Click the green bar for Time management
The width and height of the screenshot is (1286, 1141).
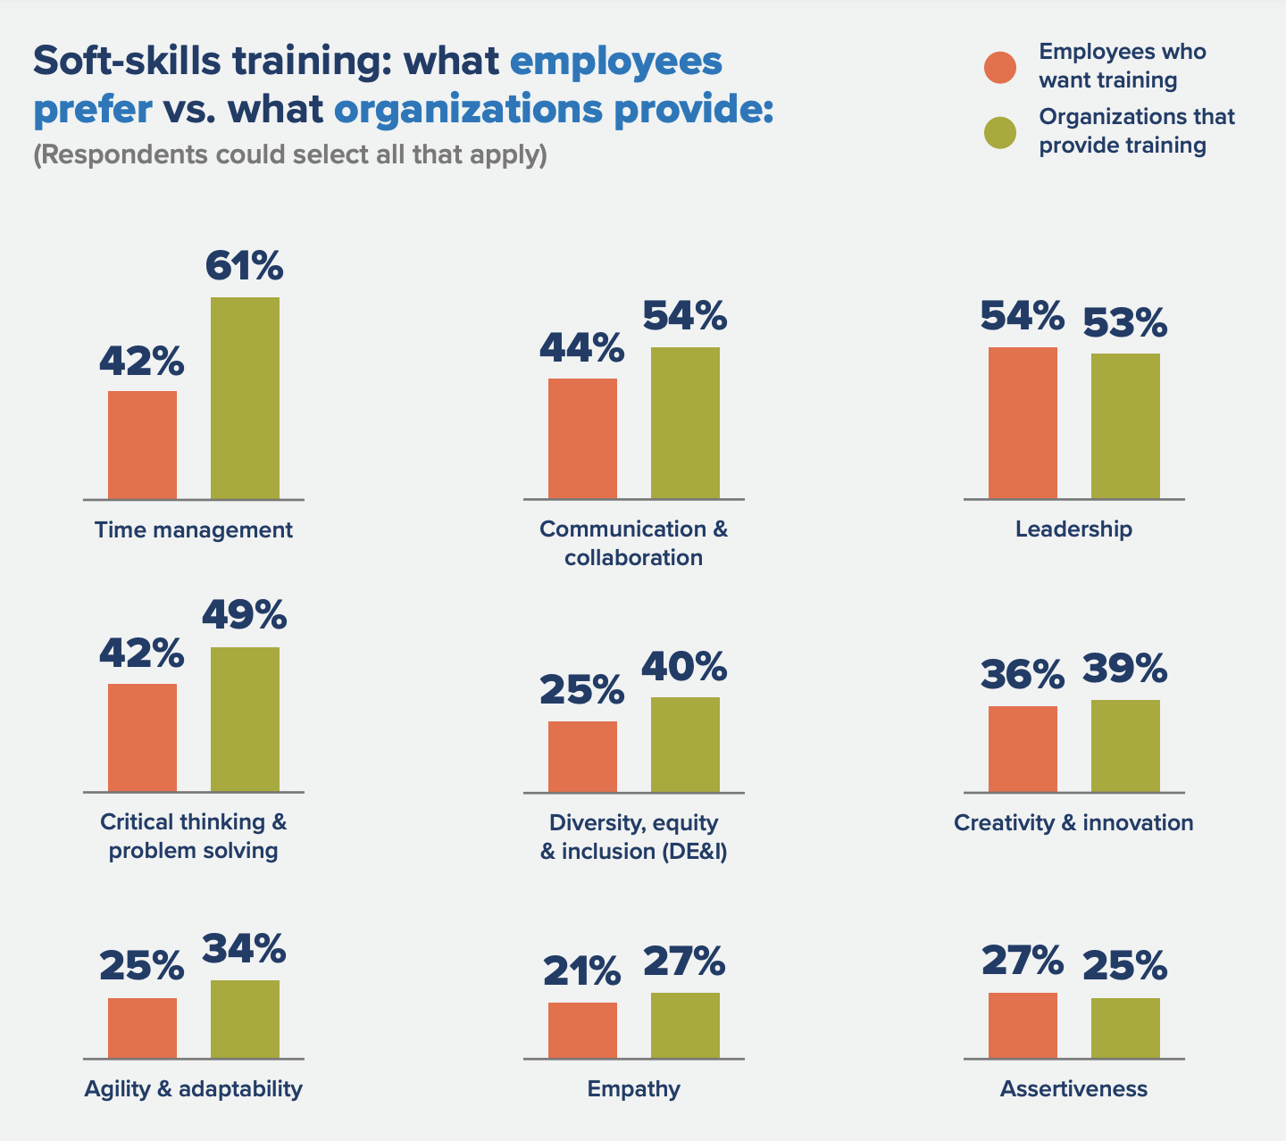(x=245, y=398)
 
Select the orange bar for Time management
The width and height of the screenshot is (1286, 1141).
(x=142, y=445)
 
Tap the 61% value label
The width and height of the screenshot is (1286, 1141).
(x=245, y=266)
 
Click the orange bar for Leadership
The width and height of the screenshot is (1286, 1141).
(x=1023, y=422)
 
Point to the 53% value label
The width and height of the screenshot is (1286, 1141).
(x=1125, y=322)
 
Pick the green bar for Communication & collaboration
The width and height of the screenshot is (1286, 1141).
(x=685, y=422)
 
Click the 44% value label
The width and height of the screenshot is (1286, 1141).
(x=582, y=347)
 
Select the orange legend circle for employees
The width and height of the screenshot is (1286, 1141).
(x=1000, y=67)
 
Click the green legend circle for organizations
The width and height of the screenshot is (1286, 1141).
(x=1000, y=132)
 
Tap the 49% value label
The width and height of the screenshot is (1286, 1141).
(x=245, y=614)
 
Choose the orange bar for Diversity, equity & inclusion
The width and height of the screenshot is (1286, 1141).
(x=582, y=756)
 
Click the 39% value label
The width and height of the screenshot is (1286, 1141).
(x=1125, y=668)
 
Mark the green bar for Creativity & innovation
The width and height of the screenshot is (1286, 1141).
(x=1125, y=745)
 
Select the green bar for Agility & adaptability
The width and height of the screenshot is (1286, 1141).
(x=245, y=1019)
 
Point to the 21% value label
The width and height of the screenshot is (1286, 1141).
(x=582, y=970)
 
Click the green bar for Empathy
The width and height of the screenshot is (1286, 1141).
(x=685, y=1025)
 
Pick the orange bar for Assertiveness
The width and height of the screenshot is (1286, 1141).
(x=1023, y=1025)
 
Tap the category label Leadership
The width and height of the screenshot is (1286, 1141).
(x=1073, y=529)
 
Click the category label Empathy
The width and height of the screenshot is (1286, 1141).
(x=634, y=1089)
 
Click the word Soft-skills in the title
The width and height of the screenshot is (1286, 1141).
(x=126, y=62)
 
